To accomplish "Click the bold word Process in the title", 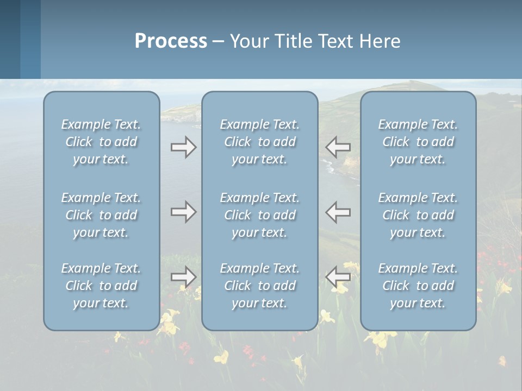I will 171,41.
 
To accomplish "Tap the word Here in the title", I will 380,41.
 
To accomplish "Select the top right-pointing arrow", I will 183,147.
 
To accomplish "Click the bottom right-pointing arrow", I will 183,276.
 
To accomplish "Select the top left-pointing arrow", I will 338,147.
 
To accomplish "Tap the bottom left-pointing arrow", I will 338,276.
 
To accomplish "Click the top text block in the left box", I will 101,142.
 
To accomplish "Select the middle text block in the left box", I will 101,215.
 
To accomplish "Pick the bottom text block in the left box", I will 101,286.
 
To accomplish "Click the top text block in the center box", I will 260,142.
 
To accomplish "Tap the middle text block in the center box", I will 260,215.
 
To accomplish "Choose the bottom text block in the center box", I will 260,286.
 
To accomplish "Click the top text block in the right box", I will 418,142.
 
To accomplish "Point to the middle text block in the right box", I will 418,215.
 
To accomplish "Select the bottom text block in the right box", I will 418,286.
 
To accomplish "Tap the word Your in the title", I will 248,41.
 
